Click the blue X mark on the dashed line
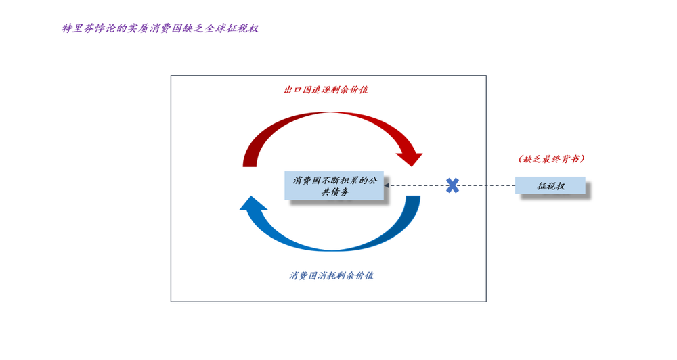[x=452, y=185]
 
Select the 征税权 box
[x=550, y=186]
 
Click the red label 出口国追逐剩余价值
[x=326, y=89]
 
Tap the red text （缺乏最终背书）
[x=551, y=159]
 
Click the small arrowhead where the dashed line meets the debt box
[x=387, y=185]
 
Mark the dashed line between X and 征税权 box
[x=487, y=185]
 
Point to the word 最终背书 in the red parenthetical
[x=559, y=159]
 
